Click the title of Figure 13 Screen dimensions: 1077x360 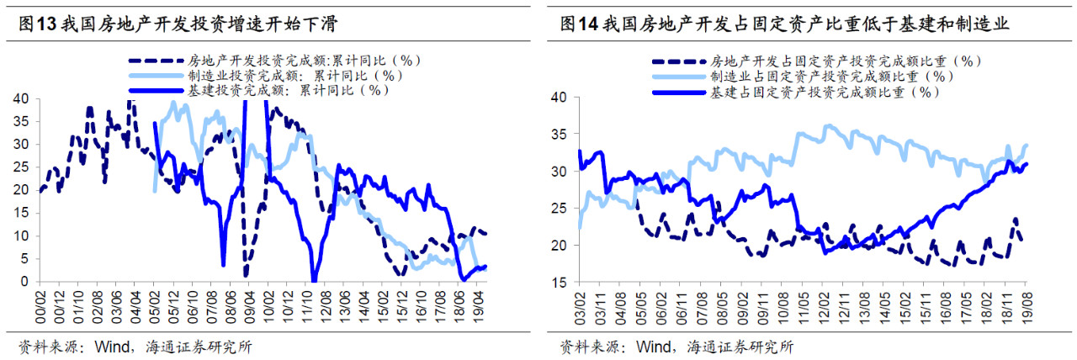click(x=178, y=24)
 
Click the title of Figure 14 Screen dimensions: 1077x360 click(x=784, y=24)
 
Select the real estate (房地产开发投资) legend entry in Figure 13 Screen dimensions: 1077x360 click(x=274, y=61)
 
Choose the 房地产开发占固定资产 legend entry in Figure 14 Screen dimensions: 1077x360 click(x=816, y=61)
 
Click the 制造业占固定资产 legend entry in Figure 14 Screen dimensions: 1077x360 click(x=803, y=77)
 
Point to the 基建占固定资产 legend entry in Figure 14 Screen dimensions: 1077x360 click(x=796, y=92)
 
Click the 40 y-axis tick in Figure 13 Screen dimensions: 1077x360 click(x=21, y=98)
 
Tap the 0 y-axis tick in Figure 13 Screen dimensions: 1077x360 click(x=24, y=281)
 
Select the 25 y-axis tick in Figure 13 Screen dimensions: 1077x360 click(x=21, y=167)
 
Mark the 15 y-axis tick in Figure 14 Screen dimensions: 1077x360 click(x=560, y=282)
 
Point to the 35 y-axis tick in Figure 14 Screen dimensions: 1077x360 click(x=560, y=134)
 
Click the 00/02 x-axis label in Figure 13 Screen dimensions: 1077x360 click(x=40, y=307)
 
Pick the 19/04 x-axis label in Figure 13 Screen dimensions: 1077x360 click(x=479, y=307)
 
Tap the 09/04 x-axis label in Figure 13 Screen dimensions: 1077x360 click(x=250, y=307)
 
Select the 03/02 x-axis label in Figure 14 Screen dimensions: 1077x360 click(x=580, y=308)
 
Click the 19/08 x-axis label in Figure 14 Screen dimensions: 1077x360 click(x=1026, y=308)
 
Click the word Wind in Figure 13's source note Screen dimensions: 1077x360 click(x=113, y=347)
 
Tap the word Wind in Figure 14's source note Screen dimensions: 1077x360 click(x=654, y=347)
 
